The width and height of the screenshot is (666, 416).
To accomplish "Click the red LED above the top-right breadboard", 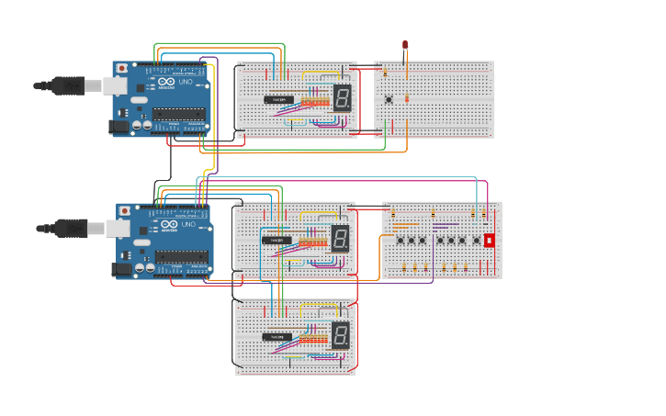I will click(x=405, y=45).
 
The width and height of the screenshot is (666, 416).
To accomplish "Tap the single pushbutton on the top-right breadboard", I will click(x=389, y=99).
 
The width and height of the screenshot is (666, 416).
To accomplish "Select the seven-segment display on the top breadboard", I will click(x=342, y=97).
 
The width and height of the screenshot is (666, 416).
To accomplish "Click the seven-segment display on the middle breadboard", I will click(x=340, y=239).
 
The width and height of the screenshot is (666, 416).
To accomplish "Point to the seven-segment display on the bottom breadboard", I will click(x=340, y=335).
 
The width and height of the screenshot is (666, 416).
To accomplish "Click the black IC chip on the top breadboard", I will click(x=280, y=99).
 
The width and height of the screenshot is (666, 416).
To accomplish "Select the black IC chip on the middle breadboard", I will click(x=277, y=241).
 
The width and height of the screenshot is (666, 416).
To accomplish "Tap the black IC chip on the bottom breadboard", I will click(x=277, y=337).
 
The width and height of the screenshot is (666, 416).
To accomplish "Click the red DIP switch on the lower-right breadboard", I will click(x=489, y=240).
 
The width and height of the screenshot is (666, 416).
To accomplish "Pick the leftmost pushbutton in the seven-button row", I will click(x=401, y=241).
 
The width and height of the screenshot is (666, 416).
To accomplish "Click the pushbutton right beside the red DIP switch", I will click(x=476, y=241).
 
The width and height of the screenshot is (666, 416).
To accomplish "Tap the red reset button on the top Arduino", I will click(x=121, y=68).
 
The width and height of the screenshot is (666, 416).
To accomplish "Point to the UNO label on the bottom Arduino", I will click(x=187, y=224).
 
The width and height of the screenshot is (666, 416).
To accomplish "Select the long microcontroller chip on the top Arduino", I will click(x=178, y=114).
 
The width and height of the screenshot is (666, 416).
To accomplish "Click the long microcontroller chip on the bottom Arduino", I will click(x=181, y=256).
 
